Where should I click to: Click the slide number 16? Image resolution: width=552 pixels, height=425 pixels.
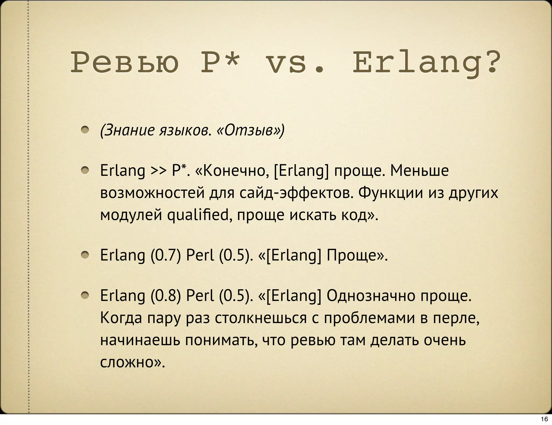pos(544,419)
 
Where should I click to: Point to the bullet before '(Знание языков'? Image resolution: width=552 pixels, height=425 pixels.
pos(85,130)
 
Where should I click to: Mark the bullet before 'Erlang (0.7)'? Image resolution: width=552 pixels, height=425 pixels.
pos(85,255)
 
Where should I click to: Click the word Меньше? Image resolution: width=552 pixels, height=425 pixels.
pos(419,171)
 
